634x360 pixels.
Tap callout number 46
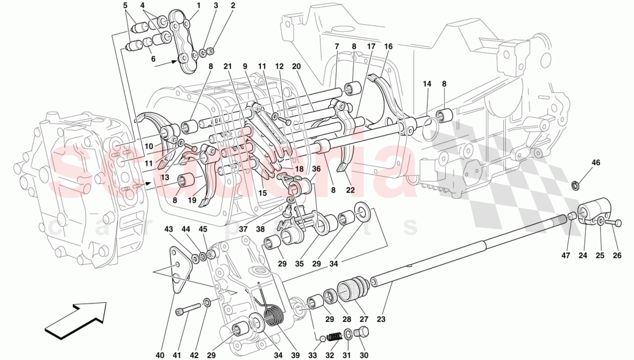[x=595, y=163]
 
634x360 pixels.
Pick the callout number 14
[x=427, y=84]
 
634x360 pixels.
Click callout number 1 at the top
[x=198, y=6]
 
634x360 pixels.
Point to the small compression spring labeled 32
[x=333, y=336]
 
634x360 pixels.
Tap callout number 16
[x=388, y=46]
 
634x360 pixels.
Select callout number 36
[x=316, y=168]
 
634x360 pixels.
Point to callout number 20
[x=297, y=66]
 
